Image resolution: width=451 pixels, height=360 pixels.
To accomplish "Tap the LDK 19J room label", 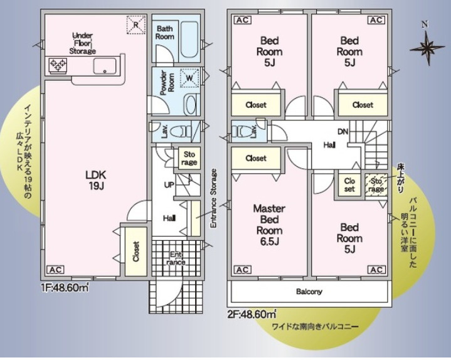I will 97,180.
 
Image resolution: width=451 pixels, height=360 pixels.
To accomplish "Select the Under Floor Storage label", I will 83,43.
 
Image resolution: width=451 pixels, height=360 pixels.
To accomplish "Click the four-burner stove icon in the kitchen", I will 58,65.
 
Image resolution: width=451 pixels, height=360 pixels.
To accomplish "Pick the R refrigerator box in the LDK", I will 134,24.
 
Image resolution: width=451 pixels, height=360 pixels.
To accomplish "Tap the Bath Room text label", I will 165,33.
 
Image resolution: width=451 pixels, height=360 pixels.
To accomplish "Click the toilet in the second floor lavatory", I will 241,131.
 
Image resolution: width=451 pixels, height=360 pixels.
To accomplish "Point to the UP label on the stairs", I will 169,186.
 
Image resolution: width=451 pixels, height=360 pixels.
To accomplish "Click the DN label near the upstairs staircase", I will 344,132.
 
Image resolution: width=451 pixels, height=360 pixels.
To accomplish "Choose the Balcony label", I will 309,292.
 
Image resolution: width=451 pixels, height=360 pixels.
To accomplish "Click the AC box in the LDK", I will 55,270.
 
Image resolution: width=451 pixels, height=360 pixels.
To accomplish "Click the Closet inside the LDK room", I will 135,250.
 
